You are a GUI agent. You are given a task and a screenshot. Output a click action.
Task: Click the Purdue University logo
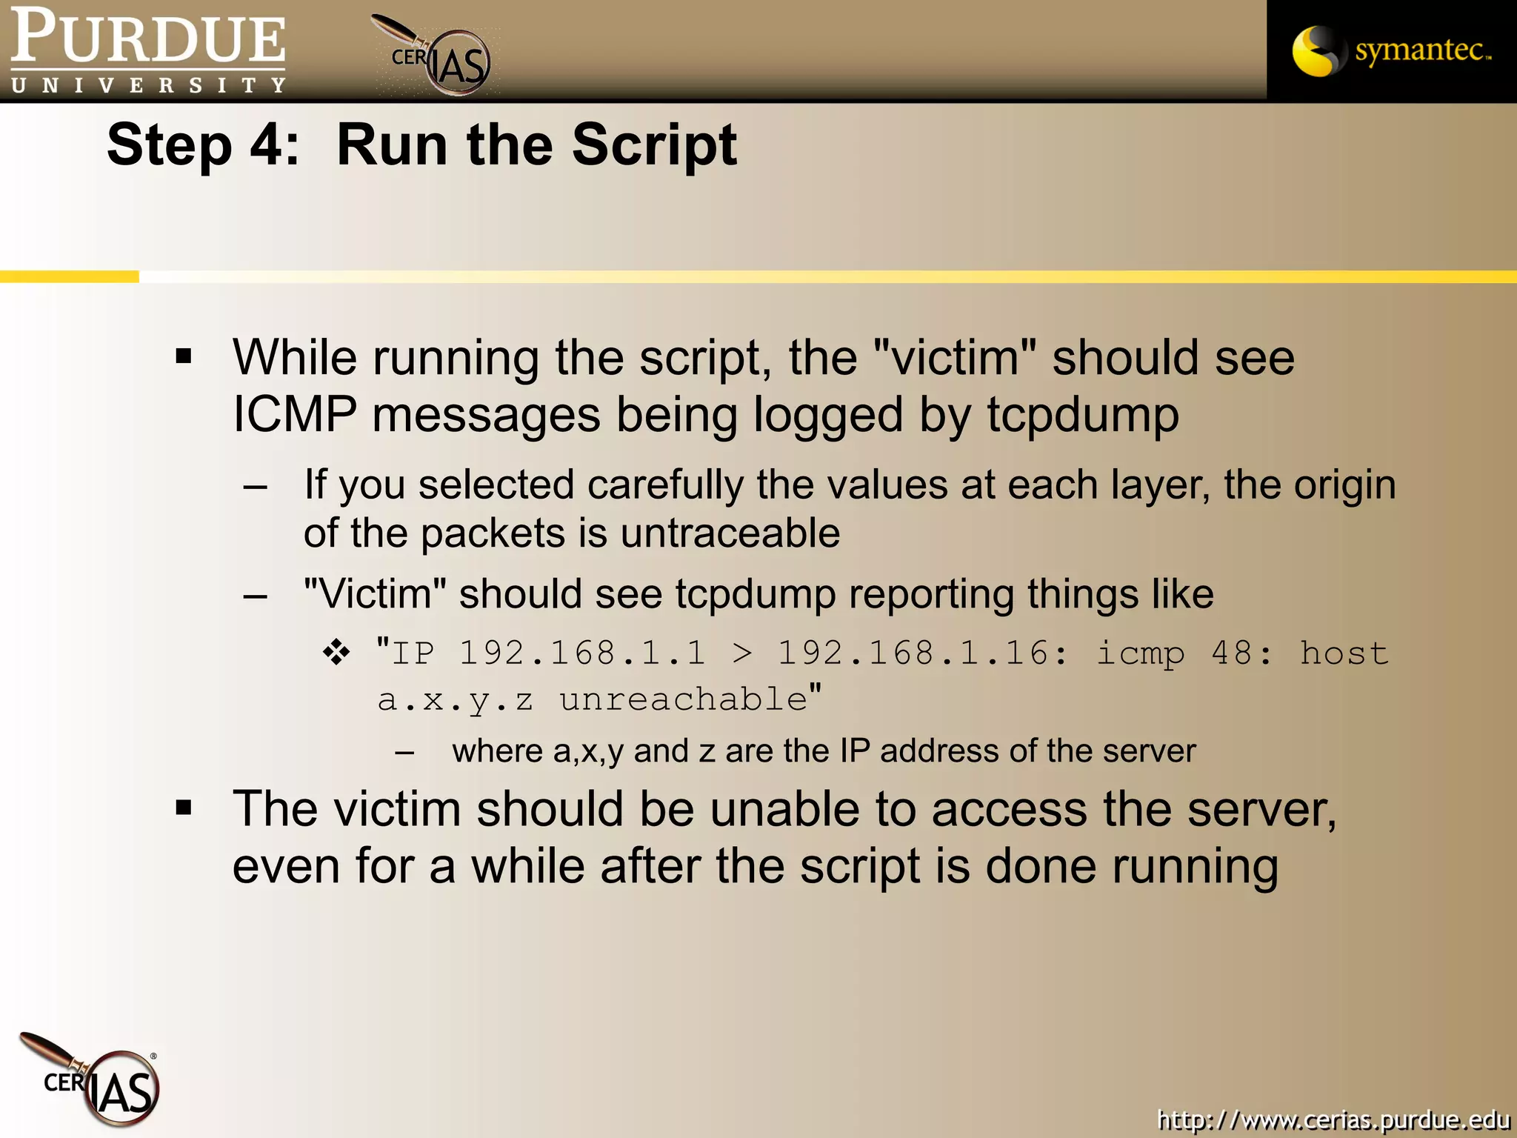pos(148,50)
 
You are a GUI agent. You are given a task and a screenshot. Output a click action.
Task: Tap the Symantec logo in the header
pos(1391,50)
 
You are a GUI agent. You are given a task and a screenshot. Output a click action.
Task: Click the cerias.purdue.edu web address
pos(1333,1119)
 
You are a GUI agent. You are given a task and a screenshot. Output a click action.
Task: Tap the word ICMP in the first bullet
pos(294,415)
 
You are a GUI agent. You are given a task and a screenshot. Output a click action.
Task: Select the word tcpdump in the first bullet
pos(1082,415)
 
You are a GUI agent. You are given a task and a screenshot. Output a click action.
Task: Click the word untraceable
pos(730,533)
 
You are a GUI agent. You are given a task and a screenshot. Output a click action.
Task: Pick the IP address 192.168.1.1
pos(582,653)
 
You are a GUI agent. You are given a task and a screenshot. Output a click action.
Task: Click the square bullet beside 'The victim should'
pos(184,808)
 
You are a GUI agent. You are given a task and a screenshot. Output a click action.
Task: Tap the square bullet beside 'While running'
pos(184,356)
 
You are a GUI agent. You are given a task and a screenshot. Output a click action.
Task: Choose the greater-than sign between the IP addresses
pos(741,653)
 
